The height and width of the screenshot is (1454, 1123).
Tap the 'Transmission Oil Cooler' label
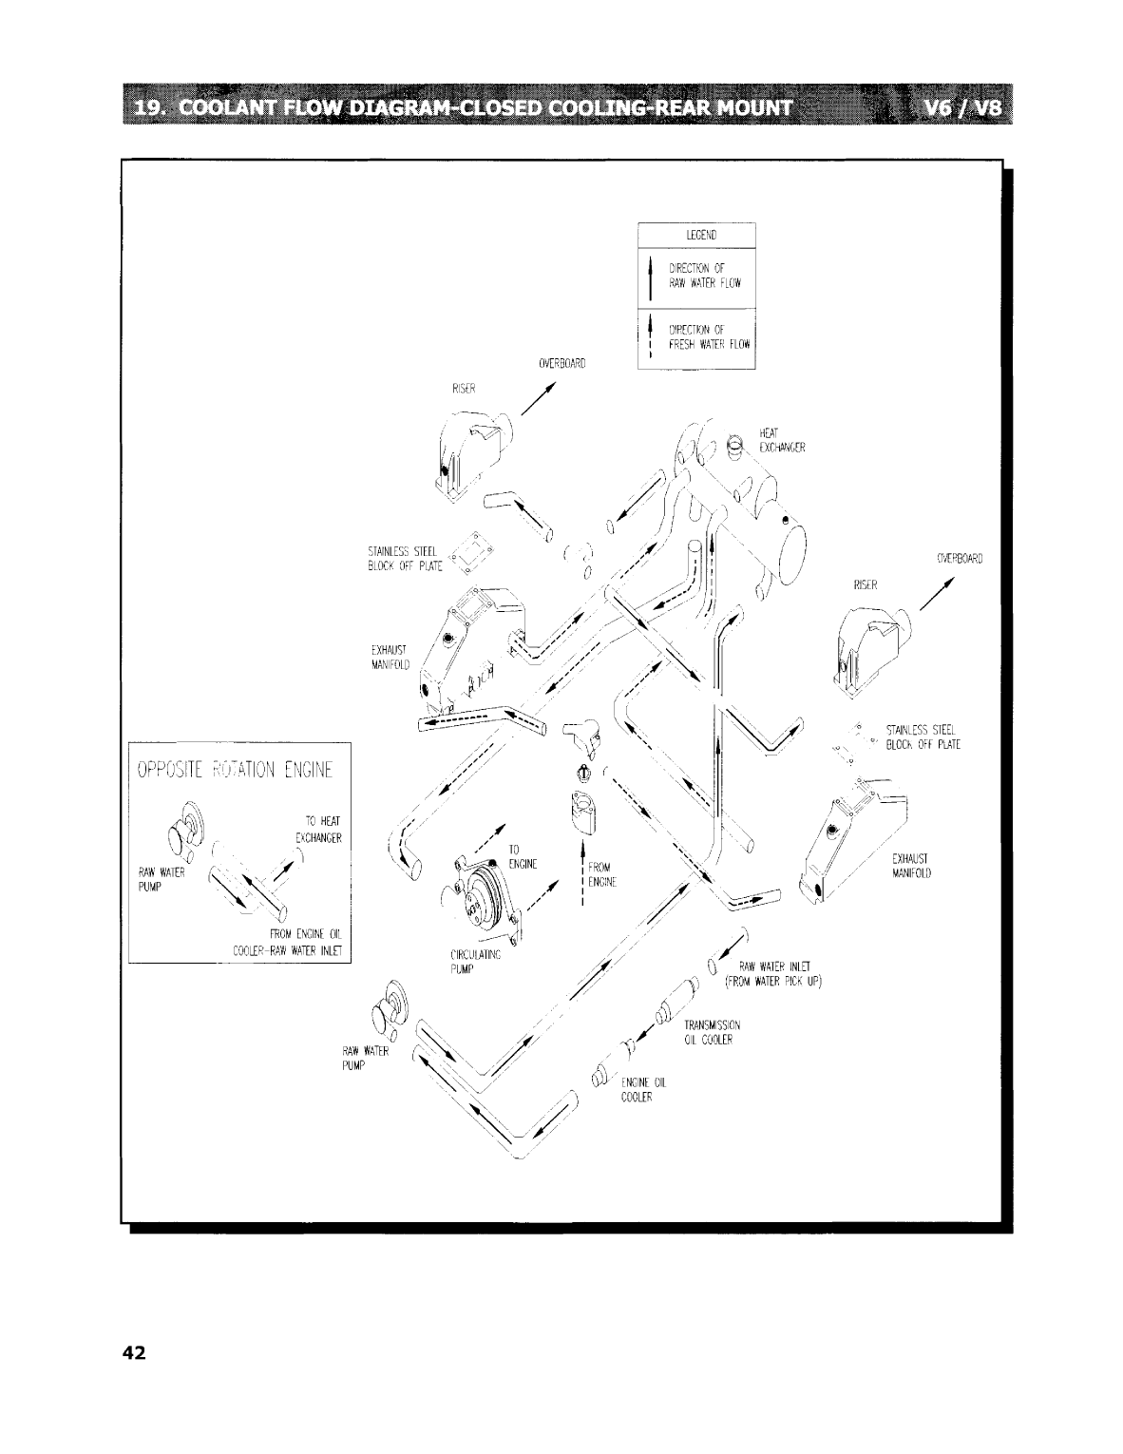coord(712,1032)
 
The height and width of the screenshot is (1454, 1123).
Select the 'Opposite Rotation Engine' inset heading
coord(239,768)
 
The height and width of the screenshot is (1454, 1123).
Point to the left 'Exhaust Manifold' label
coord(390,657)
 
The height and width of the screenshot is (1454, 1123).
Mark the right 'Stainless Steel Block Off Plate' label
coord(922,737)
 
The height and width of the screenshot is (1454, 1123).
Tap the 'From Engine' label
coord(601,873)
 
